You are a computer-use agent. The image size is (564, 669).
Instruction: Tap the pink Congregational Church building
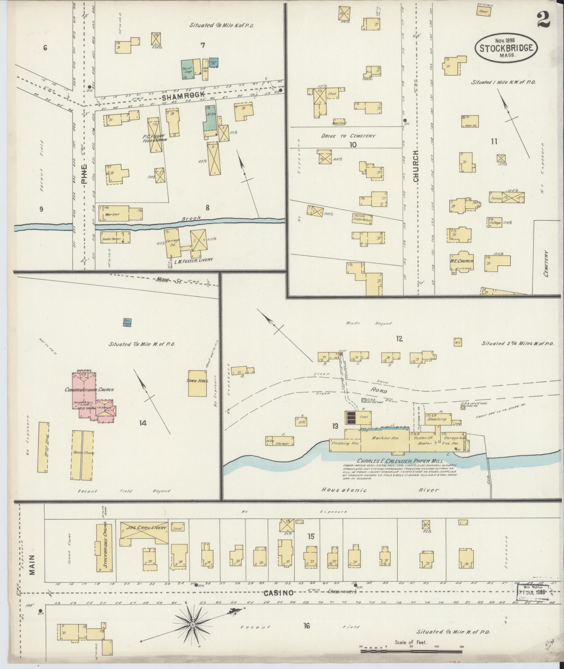click(86, 393)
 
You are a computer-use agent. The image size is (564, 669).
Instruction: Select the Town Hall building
click(198, 383)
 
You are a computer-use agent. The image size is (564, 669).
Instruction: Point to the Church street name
click(416, 166)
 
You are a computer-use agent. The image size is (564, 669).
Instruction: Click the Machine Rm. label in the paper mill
click(385, 438)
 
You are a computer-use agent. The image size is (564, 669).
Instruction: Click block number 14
click(142, 423)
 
